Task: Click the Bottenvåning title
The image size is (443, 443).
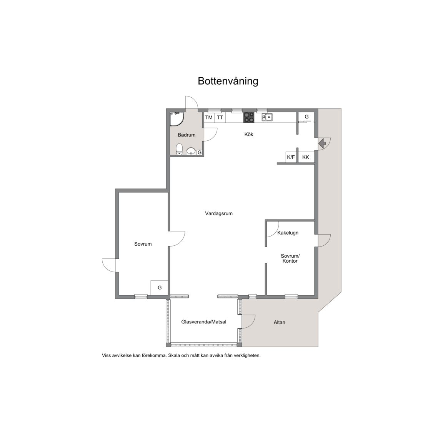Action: coord(228,81)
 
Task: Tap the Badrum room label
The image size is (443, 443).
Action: coord(187,135)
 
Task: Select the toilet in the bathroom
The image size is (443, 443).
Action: coord(180,149)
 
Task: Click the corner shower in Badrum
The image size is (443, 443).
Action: coord(177,119)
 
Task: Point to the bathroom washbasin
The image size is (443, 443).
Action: coord(192,152)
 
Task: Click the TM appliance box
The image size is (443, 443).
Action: coord(209,118)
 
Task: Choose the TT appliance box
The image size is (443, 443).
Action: coord(220,118)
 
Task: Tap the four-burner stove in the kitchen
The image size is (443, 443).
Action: coord(249,118)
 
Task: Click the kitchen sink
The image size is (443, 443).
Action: coord(267,117)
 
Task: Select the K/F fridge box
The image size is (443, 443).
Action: coord(291,157)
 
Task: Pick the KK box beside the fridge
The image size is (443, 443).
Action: coord(306,157)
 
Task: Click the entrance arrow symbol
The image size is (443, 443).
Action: coord(322,144)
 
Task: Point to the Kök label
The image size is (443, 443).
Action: coord(249,135)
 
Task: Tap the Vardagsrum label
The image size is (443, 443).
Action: coord(219,213)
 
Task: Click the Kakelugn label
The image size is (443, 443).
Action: coord(288,233)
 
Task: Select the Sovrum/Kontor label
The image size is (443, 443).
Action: coord(290,258)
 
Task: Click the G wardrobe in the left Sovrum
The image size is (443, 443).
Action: coord(159,288)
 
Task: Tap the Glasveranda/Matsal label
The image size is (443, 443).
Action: coord(204,322)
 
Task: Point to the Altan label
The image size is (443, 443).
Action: coord(280,322)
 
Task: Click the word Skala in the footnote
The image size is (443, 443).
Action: coord(174,355)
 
